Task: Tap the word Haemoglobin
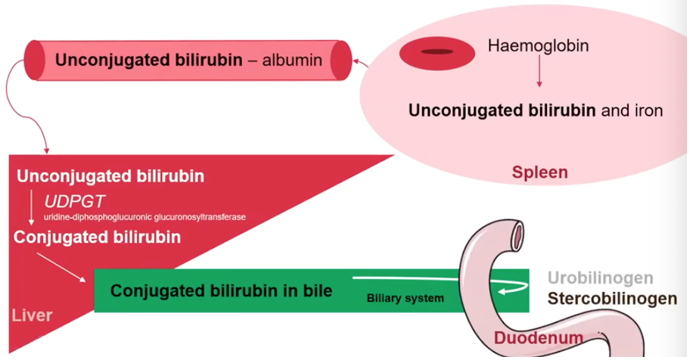point(538,45)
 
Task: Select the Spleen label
point(539,172)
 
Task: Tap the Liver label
point(32,314)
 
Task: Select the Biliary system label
point(405,298)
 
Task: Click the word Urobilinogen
point(601,278)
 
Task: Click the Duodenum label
point(539,338)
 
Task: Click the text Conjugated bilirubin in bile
point(221,290)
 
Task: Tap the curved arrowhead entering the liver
point(46,148)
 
